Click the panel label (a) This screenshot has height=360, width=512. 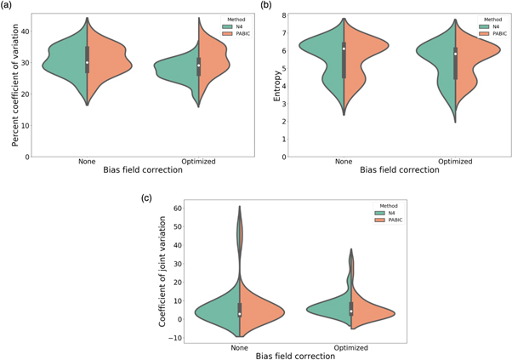[x=6, y=6]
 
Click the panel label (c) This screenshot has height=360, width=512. [x=146, y=198]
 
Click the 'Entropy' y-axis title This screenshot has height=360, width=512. [x=277, y=87]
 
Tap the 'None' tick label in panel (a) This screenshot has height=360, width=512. [x=87, y=161]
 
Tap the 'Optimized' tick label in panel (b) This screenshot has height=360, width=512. [x=457, y=161]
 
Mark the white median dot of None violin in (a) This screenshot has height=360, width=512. [x=87, y=62]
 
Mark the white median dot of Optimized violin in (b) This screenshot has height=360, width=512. [x=457, y=54]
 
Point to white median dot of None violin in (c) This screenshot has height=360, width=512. [x=240, y=314]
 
